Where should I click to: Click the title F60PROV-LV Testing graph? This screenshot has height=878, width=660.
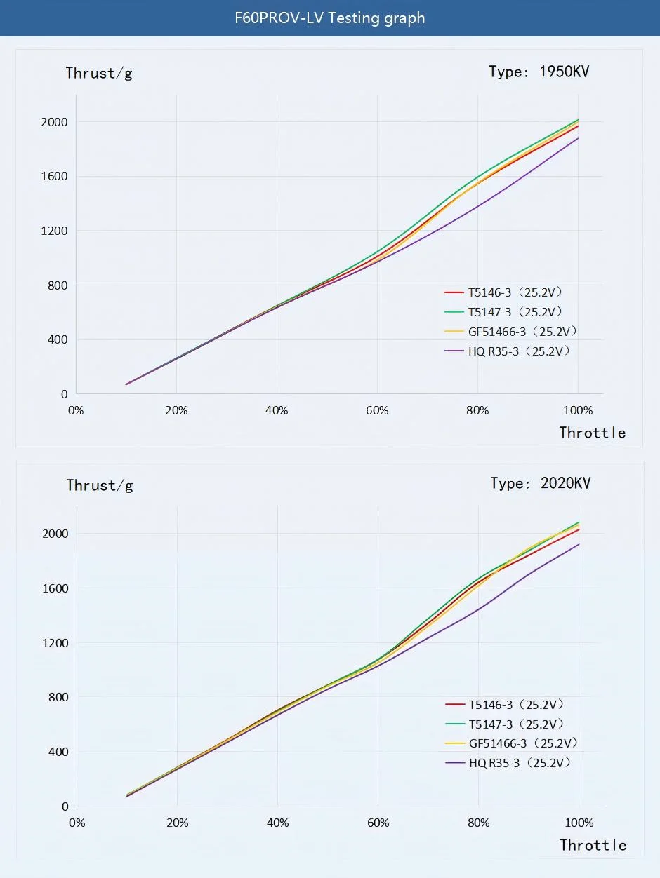329,18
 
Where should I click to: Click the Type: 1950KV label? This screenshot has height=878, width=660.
539,72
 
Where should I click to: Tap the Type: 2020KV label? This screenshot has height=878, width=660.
540,483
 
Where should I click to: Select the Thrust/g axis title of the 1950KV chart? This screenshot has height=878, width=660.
99,73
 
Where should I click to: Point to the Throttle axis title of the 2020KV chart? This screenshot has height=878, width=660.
593,845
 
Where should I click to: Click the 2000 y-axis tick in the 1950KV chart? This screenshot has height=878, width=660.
53,122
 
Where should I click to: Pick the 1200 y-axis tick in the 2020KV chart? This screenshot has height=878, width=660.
54,643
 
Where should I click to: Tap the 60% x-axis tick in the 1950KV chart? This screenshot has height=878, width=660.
377,411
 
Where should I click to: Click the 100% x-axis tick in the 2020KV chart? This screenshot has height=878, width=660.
579,823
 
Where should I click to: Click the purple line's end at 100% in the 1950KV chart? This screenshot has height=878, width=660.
578,138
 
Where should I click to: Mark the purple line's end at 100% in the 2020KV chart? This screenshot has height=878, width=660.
579,544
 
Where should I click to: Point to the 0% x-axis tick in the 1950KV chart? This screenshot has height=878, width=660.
75,411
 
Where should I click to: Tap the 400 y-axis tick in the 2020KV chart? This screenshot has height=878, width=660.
57,752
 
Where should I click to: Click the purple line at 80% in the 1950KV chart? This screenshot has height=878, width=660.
477,206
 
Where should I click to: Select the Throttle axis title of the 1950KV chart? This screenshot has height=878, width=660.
592,433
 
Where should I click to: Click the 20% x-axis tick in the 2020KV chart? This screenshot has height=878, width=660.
177,823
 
